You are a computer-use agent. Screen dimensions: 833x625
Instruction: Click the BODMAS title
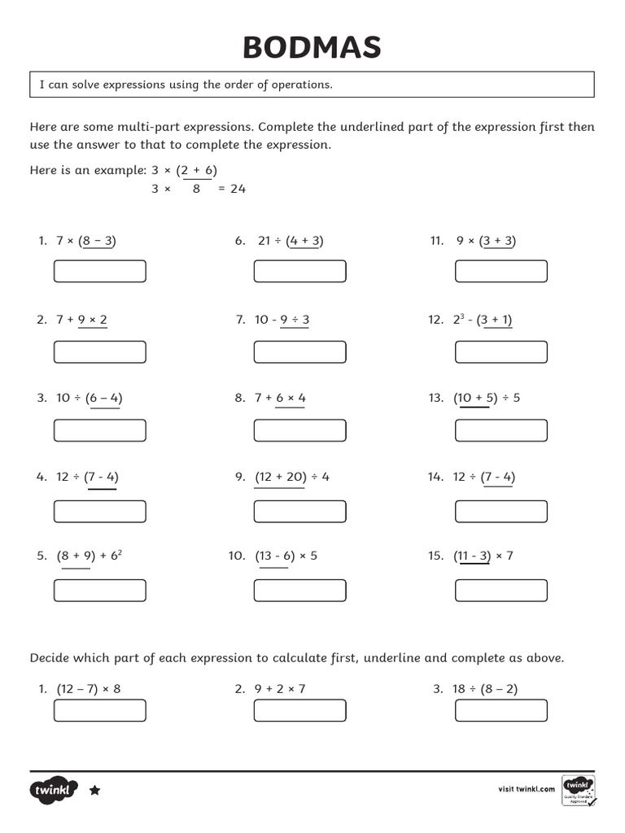(x=312, y=48)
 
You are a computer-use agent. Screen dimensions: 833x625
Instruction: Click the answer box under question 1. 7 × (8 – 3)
(x=100, y=271)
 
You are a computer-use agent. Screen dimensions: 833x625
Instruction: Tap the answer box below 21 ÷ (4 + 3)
(x=299, y=271)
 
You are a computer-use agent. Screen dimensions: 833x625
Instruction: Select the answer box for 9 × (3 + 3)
(x=501, y=271)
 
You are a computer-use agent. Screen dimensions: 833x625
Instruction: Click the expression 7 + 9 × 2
(x=81, y=320)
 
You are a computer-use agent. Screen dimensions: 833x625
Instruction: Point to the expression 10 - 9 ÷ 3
(x=282, y=320)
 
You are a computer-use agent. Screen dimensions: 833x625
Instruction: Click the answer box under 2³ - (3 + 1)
(x=501, y=351)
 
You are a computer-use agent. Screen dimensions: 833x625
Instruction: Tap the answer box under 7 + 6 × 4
(x=299, y=430)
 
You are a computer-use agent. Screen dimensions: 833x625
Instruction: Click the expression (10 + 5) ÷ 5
(x=487, y=398)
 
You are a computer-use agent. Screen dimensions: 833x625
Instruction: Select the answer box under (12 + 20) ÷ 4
(x=299, y=511)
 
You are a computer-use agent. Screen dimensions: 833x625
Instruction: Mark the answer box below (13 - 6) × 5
(x=299, y=590)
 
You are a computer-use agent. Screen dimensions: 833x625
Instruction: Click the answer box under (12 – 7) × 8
(x=100, y=710)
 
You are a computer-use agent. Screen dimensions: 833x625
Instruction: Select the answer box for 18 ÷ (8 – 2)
(x=501, y=710)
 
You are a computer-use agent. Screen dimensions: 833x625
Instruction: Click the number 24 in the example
(x=238, y=189)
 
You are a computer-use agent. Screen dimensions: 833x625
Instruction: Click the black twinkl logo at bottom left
(x=54, y=790)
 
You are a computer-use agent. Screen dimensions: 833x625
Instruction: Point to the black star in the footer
(x=94, y=790)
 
